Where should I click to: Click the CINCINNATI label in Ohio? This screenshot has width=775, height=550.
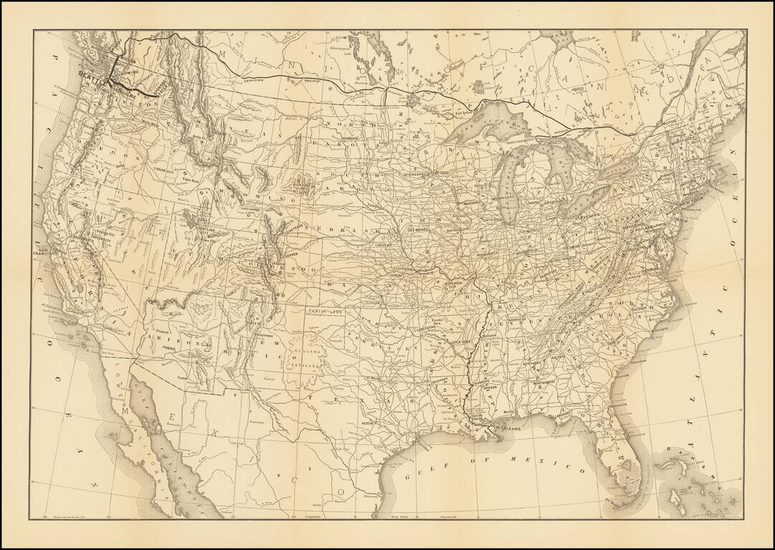click(563, 261)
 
